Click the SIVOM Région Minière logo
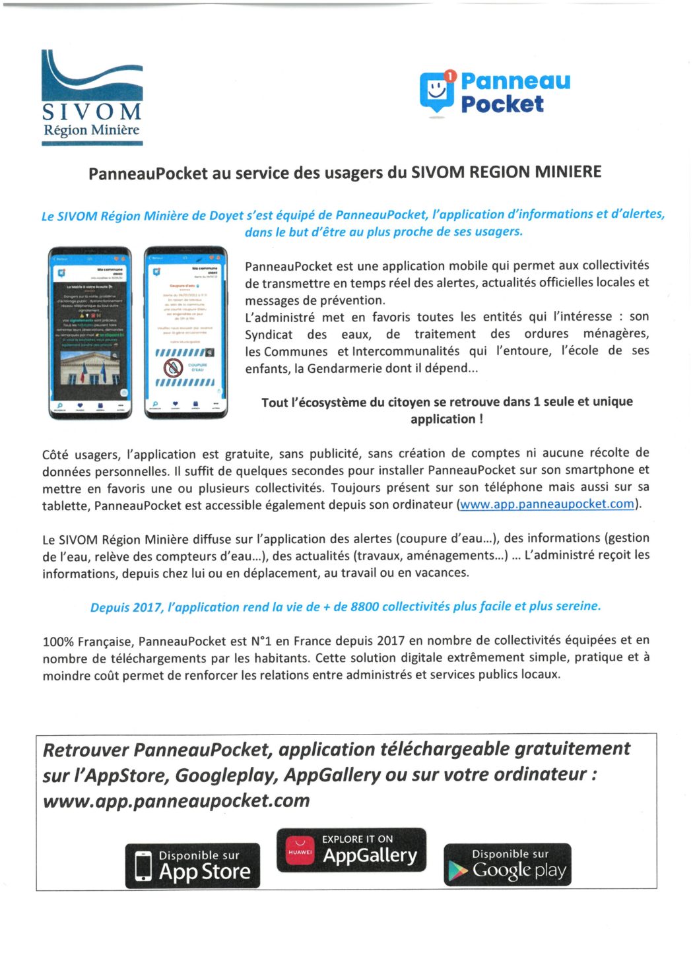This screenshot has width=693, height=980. (x=92, y=96)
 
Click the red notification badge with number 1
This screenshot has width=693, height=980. (x=450, y=76)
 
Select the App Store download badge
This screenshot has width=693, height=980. (x=193, y=865)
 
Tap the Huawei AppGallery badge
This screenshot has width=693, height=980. (x=351, y=850)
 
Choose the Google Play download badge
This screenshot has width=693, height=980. (x=507, y=865)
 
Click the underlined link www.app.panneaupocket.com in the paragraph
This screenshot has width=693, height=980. (x=546, y=504)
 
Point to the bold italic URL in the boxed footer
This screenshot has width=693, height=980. (x=176, y=800)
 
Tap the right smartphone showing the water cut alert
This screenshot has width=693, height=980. (x=186, y=333)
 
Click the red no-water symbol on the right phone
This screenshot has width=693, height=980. (x=174, y=368)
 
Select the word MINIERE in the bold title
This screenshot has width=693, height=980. (x=568, y=172)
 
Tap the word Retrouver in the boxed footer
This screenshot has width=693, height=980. (x=86, y=750)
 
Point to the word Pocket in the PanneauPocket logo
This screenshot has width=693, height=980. (x=502, y=104)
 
